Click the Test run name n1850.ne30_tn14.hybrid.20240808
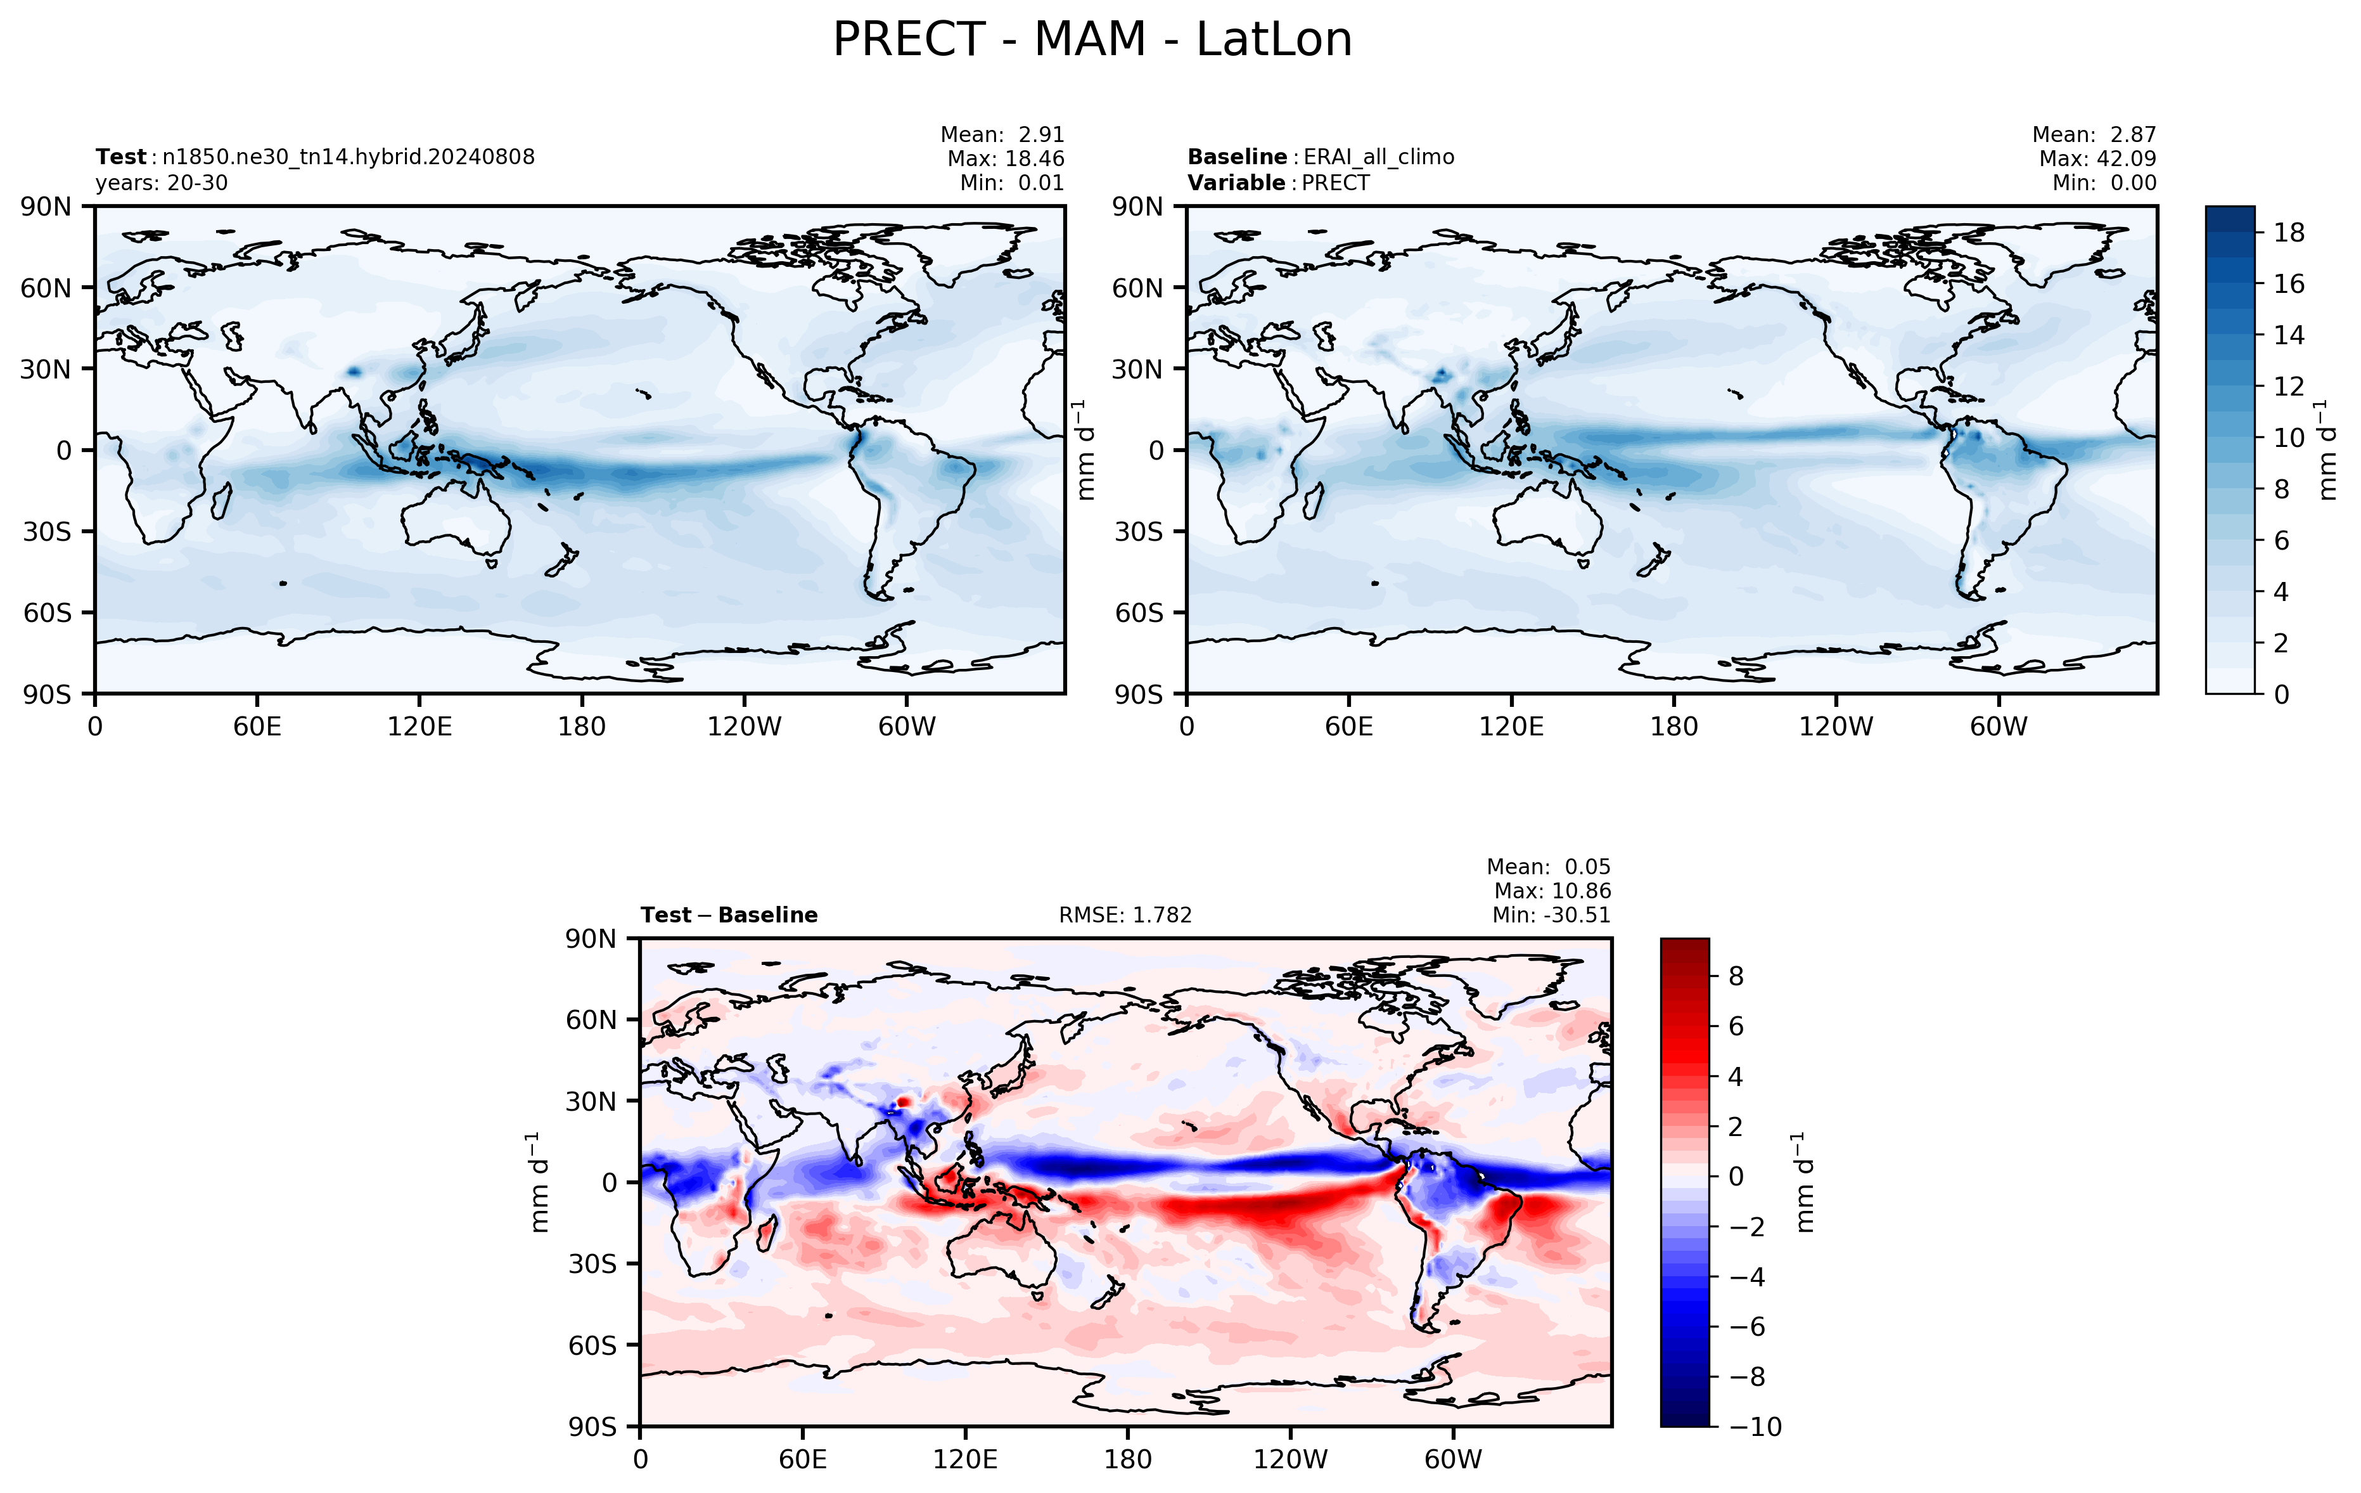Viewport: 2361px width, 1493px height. (x=348, y=157)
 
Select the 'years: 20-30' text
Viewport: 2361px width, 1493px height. (x=161, y=183)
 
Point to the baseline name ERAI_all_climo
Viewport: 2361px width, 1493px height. (x=1379, y=157)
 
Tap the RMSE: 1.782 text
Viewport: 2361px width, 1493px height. (x=1125, y=915)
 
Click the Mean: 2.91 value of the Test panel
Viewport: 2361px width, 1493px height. (x=1002, y=134)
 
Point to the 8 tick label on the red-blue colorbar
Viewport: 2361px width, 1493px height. (x=1736, y=976)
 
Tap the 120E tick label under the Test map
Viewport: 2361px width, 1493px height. (x=419, y=727)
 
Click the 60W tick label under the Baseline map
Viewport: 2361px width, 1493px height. (x=1998, y=727)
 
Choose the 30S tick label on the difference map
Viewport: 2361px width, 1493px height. (x=592, y=1264)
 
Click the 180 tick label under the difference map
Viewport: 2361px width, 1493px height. (x=1127, y=1459)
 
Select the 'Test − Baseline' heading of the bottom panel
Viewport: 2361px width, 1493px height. (x=729, y=915)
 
